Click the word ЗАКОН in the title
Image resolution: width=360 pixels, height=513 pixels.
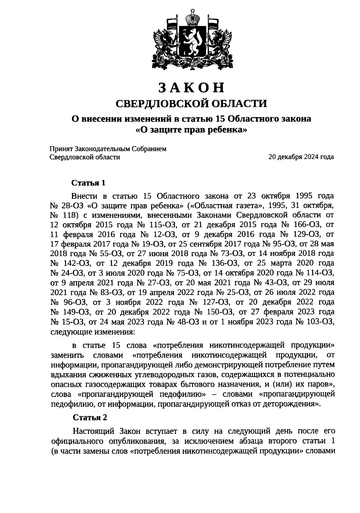point(191,88)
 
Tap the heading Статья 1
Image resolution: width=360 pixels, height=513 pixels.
point(88,183)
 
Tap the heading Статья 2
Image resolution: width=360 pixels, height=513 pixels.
point(90,418)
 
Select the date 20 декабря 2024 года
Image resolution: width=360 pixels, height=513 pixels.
point(301,157)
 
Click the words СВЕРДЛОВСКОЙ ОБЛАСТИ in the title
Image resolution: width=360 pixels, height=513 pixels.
point(191,104)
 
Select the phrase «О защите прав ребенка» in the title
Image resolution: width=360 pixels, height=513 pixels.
point(191,130)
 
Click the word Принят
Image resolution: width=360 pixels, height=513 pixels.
point(61,149)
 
